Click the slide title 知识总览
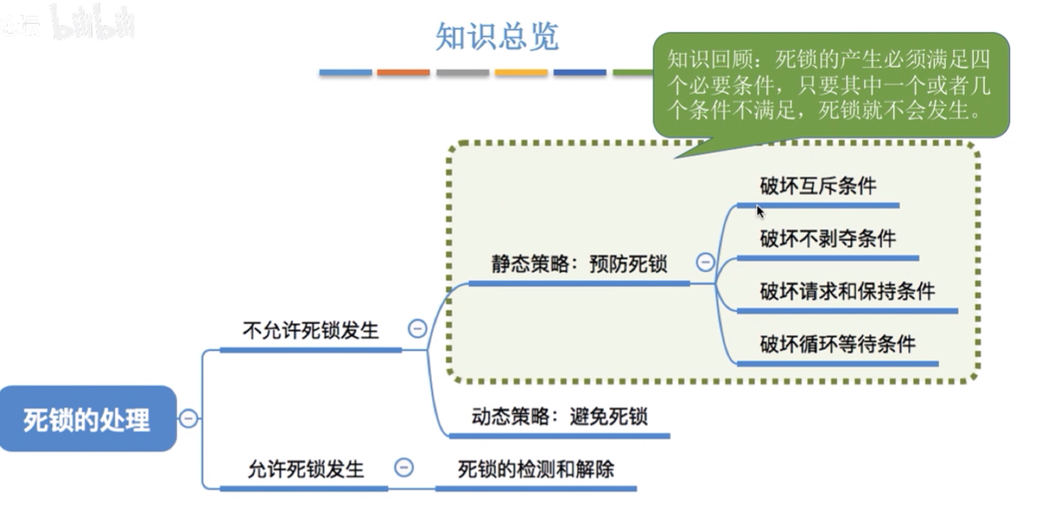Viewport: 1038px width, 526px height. pos(497,36)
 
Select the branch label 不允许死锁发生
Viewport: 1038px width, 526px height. pos(310,331)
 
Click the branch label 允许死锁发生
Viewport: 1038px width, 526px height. pos(306,469)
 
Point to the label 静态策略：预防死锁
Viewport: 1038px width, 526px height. pos(579,264)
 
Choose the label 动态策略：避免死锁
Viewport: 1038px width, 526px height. pos(559,416)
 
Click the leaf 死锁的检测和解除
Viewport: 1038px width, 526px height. pos(536,469)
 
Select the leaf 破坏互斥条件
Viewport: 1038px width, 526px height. pos(818,186)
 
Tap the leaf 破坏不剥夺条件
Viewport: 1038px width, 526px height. pos(827,238)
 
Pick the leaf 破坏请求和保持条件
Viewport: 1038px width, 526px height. pos(847,292)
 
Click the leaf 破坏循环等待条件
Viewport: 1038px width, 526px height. pos(837,344)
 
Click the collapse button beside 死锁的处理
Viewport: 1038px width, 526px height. pos(189,419)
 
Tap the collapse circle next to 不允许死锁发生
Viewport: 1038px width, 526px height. pos(417,329)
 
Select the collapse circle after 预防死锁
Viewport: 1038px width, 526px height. pos(705,262)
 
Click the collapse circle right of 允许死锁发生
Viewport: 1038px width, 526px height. pos(403,467)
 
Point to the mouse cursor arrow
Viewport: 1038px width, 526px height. pos(760,211)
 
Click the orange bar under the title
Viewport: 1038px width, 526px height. pos(403,73)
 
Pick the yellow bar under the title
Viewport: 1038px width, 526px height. pos(521,73)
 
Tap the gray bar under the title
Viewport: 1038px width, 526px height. pos(462,73)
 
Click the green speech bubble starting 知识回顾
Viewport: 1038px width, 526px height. pos(831,85)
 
